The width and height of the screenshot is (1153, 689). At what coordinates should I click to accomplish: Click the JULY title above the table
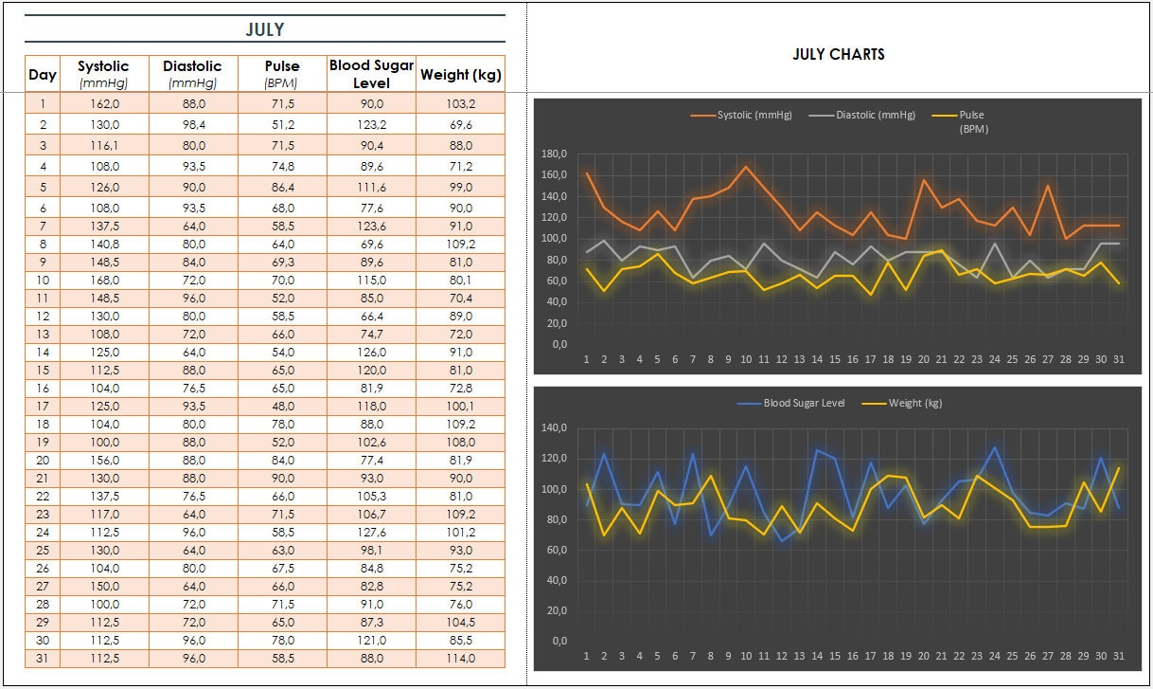point(265,29)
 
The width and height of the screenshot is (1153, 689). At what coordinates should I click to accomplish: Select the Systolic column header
point(103,73)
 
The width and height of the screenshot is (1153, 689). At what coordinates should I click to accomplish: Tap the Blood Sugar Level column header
point(371,73)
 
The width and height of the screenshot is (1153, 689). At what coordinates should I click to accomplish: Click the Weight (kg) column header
point(460,74)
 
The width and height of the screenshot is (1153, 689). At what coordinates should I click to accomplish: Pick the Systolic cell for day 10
point(103,281)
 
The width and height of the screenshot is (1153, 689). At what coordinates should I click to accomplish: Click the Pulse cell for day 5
point(282,187)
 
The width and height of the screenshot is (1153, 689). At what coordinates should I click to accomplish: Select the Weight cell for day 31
point(460,658)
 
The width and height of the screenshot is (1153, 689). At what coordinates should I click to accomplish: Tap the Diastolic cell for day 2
point(192,124)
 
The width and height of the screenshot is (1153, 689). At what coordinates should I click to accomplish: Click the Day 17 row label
point(43,406)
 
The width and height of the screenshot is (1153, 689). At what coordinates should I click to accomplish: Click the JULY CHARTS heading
point(839,54)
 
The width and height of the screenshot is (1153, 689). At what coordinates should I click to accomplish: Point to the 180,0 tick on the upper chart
point(554,154)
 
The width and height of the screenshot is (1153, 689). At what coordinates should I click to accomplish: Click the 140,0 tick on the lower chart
point(554,428)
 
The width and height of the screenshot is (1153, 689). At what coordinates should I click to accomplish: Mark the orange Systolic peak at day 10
point(746,168)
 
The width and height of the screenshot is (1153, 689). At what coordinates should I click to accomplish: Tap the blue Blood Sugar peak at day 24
point(995,447)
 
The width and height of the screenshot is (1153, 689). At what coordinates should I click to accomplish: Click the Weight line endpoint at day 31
point(1119,467)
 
